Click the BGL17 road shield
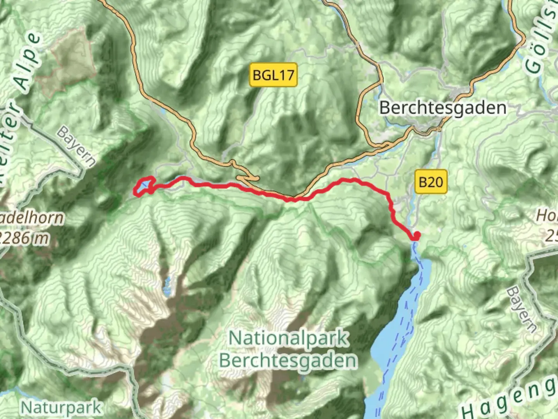coord(273,74)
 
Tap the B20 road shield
coord(431,181)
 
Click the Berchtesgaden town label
coord(443,107)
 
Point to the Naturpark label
coord(61,407)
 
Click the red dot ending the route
coord(417,235)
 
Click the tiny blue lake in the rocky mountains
coord(167,286)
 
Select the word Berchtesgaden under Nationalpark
coord(288,361)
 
